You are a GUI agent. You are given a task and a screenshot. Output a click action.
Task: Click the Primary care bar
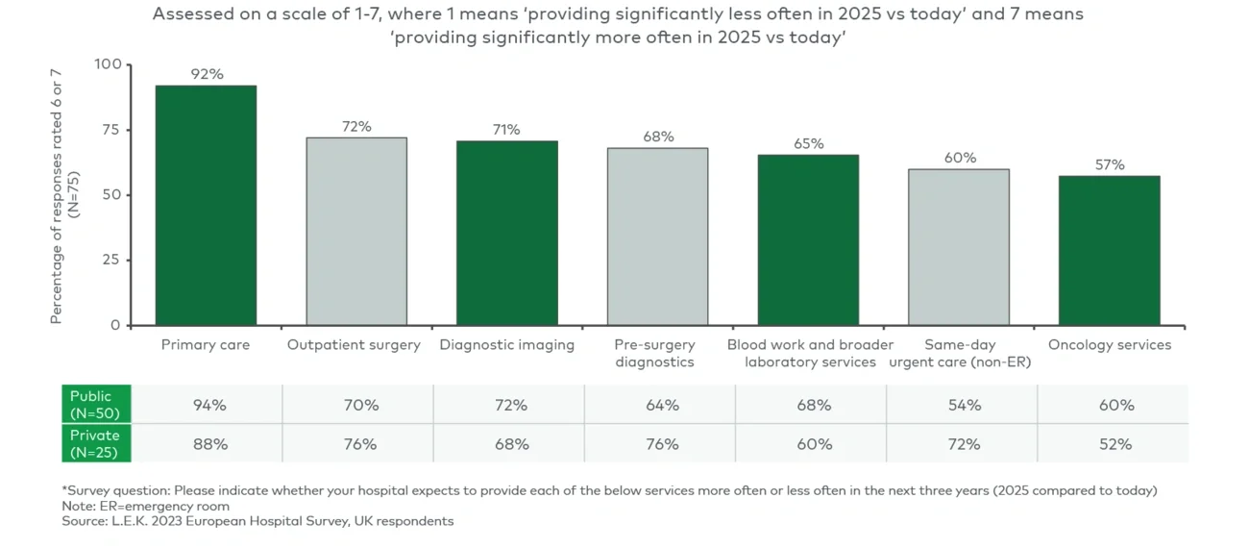tap(206, 206)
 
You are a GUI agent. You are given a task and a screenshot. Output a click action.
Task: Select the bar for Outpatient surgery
tap(356, 232)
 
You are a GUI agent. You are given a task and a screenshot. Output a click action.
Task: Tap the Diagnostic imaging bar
tap(506, 234)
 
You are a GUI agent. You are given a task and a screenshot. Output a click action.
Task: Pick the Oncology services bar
tap(1109, 251)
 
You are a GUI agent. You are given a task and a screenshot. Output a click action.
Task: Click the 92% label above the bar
tap(206, 74)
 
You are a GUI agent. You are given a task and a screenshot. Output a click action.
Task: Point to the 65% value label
tap(808, 143)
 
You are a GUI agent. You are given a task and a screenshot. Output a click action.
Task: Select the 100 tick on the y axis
tap(108, 64)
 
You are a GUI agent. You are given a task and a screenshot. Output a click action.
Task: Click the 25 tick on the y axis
tap(112, 260)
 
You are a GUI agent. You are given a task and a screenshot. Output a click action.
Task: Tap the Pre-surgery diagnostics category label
tap(656, 353)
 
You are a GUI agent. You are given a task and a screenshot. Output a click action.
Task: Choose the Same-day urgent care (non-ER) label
tap(959, 353)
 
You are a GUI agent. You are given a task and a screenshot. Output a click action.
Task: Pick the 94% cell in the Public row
tap(208, 405)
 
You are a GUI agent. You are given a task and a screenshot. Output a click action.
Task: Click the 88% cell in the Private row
tap(208, 444)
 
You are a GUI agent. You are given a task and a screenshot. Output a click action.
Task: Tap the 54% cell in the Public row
tap(964, 405)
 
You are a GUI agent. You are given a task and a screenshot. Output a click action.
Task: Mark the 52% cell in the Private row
tap(1114, 444)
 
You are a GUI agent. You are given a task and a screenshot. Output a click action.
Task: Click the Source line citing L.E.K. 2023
tap(257, 521)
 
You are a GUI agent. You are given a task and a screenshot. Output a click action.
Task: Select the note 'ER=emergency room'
tap(145, 506)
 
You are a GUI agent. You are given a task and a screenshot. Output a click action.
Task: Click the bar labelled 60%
tap(959, 247)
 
